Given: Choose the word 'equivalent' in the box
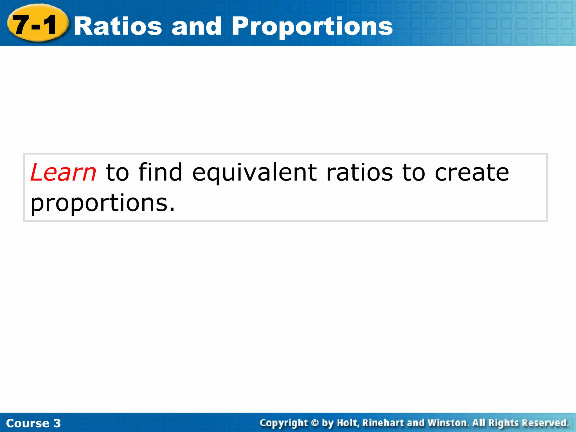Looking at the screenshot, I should (254, 173).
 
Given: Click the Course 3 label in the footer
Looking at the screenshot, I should (33, 423).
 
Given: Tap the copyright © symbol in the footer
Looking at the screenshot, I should (315, 423).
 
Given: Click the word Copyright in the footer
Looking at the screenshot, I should (284, 423).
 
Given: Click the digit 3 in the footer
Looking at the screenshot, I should (57, 423).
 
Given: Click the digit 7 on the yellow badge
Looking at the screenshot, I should (21, 25).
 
